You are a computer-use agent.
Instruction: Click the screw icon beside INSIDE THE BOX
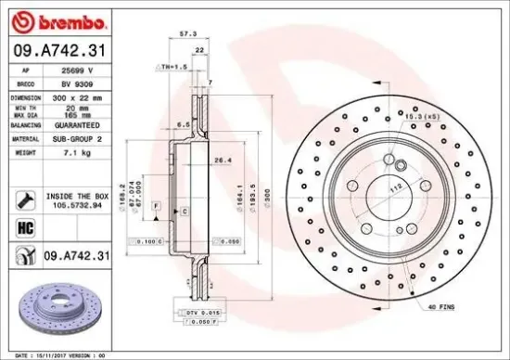coord(24,197)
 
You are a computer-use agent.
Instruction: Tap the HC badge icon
coord(24,225)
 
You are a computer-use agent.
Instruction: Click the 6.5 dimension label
coord(185,122)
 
